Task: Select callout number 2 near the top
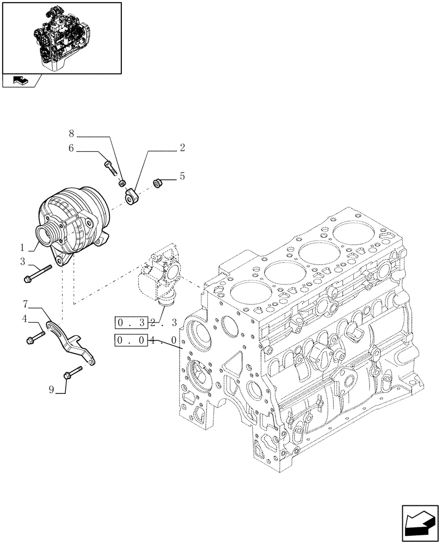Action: coord(182,147)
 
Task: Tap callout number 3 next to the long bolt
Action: coord(23,262)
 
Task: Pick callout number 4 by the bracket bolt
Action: coord(24,319)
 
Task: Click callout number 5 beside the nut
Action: coord(182,176)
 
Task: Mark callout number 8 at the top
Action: coord(71,133)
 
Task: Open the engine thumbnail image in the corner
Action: coord(61,38)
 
